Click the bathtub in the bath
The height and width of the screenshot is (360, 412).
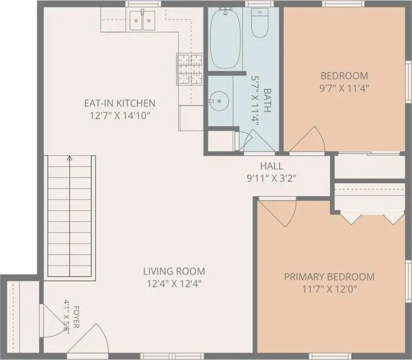[225, 38]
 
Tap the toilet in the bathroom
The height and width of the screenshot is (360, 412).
[259, 22]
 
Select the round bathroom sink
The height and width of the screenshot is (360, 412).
[219, 101]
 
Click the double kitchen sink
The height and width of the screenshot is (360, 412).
[142, 21]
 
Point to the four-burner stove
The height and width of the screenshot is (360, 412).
[190, 69]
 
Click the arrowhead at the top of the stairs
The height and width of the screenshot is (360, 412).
[70, 158]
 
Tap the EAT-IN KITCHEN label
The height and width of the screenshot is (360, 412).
[120, 103]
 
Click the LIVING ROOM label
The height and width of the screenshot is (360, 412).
[174, 271]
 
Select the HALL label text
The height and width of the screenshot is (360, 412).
[272, 166]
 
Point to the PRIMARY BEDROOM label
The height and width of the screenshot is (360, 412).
[329, 277]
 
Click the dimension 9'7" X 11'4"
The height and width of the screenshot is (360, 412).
[344, 88]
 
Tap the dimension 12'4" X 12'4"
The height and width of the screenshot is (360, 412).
[174, 284]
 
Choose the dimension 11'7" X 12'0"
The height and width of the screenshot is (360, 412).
[329, 290]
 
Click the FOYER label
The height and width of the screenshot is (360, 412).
[76, 317]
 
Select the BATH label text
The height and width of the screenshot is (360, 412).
[267, 100]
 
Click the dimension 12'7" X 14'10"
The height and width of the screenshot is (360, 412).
[120, 115]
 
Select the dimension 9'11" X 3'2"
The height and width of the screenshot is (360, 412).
[272, 179]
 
